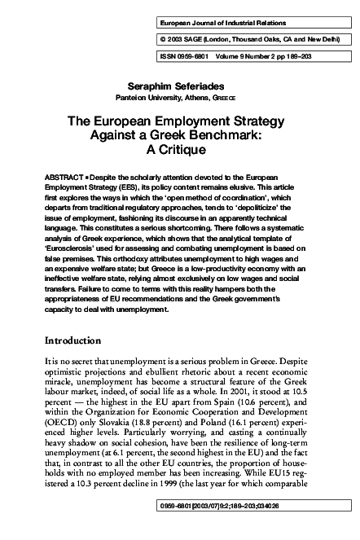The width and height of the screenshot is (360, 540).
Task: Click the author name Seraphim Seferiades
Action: click(179, 86)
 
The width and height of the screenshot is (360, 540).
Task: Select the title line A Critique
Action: click(179, 151)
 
